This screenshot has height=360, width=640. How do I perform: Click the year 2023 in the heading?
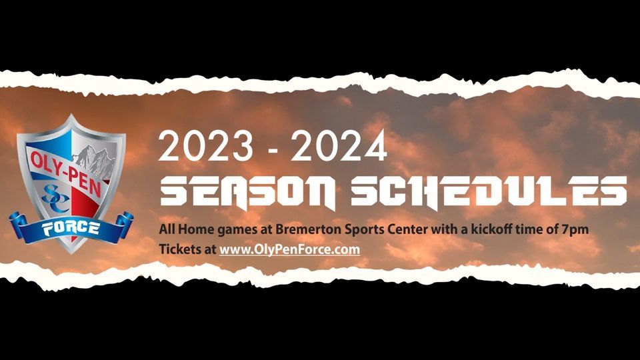pyautogui.click(x=205, y=146)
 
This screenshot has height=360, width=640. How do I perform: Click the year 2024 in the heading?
pyautogui.click(x=339, y=146)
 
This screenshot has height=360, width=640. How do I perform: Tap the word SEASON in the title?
pyautogui.click(x=248, y=192)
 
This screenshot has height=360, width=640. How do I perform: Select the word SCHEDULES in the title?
pyautogui.click(x=489, y=192)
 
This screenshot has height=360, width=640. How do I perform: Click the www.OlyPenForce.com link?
pyautogui.click(x=289, y=249)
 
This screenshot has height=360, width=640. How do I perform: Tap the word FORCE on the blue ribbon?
pyautogui.click(x=71, y=228)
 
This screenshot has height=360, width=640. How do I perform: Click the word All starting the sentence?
pyautogui.click(x=167, y=229)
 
